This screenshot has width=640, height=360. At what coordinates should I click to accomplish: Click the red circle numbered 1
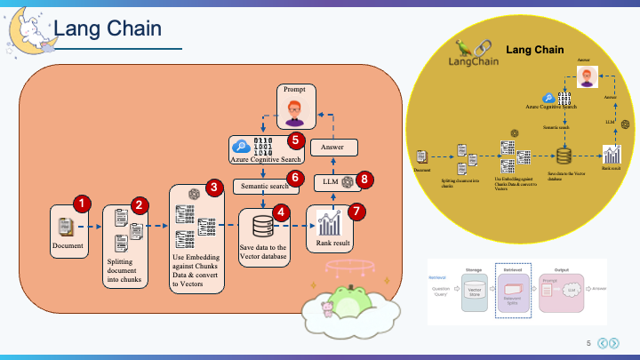81,204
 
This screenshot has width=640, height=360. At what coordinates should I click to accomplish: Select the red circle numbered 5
297,140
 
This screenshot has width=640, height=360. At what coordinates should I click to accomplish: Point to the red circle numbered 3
213,187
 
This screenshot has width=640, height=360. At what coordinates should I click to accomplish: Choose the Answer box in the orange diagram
333,147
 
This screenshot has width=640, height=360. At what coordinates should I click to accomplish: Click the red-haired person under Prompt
294,113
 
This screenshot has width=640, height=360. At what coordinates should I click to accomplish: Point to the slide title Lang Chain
107,28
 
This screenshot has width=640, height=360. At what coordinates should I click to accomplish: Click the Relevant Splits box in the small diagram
512,290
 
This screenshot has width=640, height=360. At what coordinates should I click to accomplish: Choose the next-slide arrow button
613,343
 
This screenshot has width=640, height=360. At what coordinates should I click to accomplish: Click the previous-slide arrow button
601,343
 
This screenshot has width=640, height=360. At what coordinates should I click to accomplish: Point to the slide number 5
588,343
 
